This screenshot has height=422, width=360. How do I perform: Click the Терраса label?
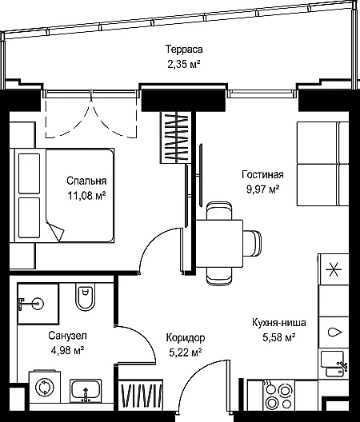[x=184, y=50]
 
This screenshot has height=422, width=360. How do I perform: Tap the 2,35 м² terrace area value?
[x=184, y=65]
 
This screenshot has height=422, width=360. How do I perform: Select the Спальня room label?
[x=86, y=181]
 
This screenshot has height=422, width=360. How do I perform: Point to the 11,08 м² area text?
[x=86, y=196]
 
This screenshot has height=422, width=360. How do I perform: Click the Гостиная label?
[x=262, y=174]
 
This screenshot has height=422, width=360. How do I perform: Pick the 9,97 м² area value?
[x=262, y=189]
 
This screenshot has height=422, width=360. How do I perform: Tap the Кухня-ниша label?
[x=279, y=322]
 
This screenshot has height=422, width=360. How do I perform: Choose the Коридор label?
[x=186, y=337]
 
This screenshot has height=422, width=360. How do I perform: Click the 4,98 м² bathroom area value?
[x=67, y=350]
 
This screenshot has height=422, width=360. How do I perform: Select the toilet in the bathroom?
[x=85, y=297]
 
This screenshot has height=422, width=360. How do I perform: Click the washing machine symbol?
[x=45, y=387]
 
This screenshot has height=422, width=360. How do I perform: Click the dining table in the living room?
[x=219, y=244]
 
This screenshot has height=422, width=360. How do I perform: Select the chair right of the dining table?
[x=252, y=243]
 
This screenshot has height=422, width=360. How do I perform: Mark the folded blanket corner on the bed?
[x=55, y=231]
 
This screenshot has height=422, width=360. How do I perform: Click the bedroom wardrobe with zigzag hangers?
[x=176, y=137]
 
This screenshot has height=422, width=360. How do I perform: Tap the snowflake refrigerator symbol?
[x=334, y=269]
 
